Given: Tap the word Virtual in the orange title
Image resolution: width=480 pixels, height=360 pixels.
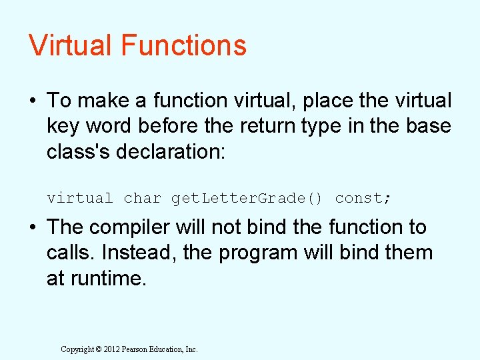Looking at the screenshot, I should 71,45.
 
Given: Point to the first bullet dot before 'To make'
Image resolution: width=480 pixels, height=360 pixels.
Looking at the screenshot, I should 33,101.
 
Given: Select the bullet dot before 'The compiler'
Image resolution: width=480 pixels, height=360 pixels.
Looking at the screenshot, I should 33,227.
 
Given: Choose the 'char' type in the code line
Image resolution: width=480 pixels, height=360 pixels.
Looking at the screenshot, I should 143,198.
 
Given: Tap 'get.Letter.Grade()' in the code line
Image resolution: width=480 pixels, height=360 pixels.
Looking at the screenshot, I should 247,198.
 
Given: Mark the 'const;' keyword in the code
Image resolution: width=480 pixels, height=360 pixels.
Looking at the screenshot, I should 363,198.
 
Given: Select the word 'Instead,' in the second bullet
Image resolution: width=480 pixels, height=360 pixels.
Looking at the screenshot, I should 135,253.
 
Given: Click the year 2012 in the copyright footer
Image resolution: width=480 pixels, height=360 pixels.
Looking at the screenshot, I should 111,349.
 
